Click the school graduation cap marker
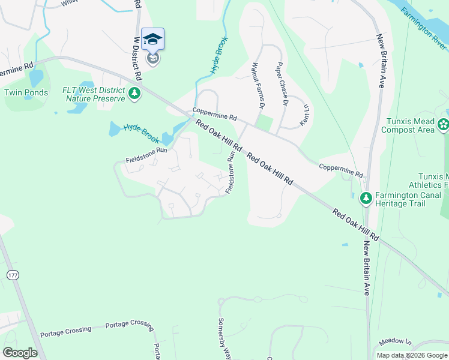point(152,40)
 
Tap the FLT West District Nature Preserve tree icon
point(135,93)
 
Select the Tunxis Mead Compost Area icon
point(443,125)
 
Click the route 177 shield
point(13,274)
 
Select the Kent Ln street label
point(304,115)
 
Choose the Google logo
point(20,352)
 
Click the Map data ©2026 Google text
point(412,355)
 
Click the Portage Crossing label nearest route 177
point(65,330)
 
